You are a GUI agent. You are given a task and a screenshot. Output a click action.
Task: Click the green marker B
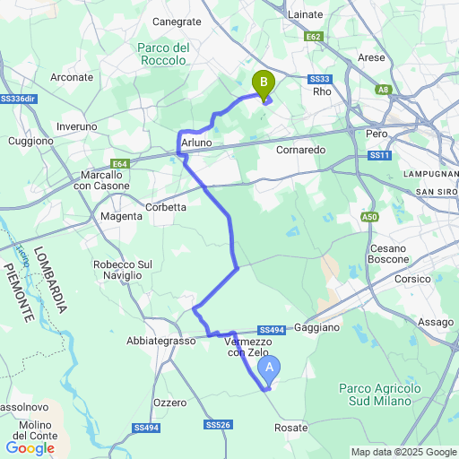coord(263,84)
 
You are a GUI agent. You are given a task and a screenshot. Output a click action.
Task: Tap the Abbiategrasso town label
coord(160,342)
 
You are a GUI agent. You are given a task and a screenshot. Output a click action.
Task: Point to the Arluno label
coord(196,143)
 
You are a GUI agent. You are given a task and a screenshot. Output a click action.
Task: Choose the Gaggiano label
coord(316,328)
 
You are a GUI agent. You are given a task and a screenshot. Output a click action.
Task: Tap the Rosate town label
coord(290,428)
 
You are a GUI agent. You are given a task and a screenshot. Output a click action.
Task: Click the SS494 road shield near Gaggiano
coord(271,330)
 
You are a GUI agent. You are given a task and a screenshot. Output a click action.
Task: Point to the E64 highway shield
coord(120,163)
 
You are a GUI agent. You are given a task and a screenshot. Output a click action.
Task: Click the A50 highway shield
coord(370,216)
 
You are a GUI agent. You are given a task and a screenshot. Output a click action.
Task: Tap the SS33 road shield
coord(320,79)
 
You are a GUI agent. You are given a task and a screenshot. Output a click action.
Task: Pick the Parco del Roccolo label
coord(162,54)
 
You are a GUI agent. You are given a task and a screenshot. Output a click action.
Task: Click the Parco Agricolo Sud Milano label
coord(380,394)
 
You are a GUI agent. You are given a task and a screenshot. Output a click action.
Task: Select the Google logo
coord(30,447)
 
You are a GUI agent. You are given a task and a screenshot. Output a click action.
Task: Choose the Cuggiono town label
coord(31,142)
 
